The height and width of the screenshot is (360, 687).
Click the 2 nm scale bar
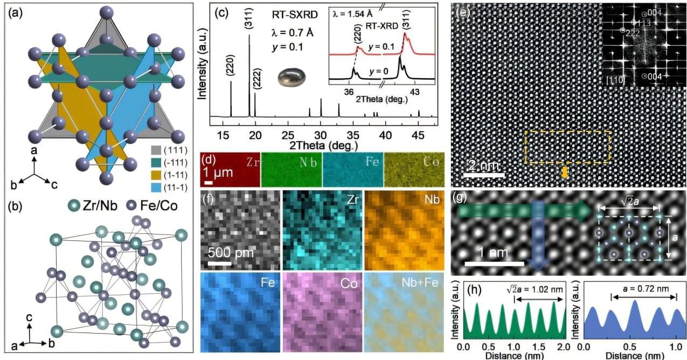coord(484,175)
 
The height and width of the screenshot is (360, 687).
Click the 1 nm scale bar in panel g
coord(494,263)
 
